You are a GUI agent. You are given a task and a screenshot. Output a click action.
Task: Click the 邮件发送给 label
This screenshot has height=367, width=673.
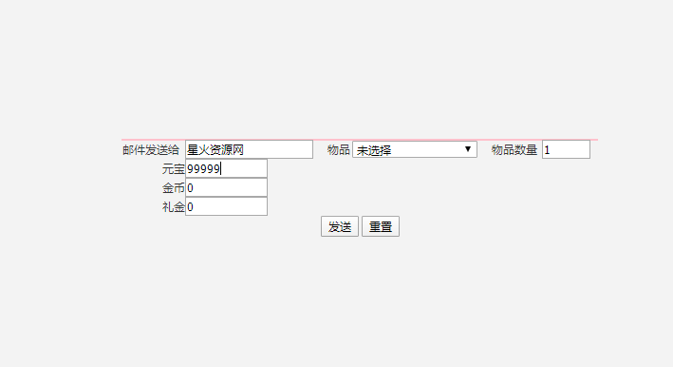click(151, 150)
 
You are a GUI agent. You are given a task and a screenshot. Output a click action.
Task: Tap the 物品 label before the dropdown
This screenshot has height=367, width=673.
click(339, 150)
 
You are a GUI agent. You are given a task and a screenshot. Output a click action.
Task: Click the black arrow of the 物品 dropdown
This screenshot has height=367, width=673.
click(468, 149)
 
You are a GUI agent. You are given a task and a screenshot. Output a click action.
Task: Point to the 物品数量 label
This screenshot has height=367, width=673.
click(514, 150)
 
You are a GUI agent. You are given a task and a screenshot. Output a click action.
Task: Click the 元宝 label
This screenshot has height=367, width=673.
click(173, 169)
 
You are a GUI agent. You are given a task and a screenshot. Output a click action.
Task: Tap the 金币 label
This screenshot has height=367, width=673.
click(173, 188)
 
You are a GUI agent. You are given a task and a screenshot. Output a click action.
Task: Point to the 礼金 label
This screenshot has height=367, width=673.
click(173, 207)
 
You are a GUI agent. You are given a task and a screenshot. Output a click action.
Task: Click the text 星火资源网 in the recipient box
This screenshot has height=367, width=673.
click(215, 150)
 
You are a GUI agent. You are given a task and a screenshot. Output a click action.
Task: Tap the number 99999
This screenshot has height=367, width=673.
click(203, 169)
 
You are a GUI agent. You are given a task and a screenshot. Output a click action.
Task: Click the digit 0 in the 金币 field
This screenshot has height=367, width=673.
click(191, 188)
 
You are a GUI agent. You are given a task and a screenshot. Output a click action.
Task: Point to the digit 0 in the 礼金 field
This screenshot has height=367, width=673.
click(191, 207)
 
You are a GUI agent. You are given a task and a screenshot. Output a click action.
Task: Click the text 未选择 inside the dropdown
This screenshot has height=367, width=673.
click(374, 150)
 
